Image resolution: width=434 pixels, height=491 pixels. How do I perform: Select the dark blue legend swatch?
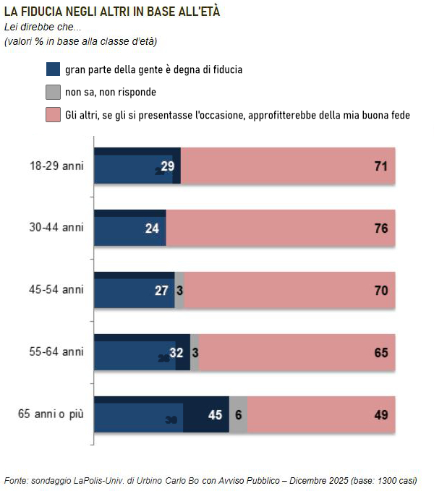53,69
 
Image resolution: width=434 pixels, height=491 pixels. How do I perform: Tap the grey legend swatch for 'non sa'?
53,92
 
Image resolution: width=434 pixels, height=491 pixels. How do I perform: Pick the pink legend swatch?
53,114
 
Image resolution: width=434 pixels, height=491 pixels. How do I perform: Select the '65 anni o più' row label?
51,414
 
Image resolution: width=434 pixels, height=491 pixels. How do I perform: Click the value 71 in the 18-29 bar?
381,166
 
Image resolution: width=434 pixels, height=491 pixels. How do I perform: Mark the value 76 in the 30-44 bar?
381,229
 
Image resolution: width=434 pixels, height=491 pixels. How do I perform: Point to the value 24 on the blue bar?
152,229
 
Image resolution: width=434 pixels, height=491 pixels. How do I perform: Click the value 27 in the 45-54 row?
161,291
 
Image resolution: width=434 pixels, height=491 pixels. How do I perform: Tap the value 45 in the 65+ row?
215,415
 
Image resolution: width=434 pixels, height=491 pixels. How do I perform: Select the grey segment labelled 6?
238,415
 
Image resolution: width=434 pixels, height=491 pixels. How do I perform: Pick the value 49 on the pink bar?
381,415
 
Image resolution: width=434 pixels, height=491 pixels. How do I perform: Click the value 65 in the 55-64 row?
381,353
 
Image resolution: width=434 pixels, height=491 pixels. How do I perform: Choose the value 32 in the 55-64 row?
176,353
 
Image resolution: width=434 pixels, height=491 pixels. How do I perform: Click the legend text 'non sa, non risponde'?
111,93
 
